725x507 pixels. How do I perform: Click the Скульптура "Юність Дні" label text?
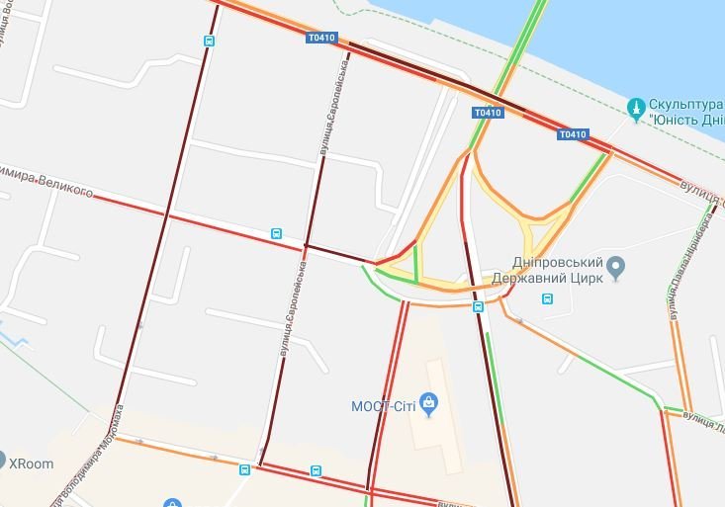[687, 112]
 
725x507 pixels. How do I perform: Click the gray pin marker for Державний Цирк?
[616, 265]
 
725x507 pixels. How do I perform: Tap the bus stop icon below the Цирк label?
[547, 298]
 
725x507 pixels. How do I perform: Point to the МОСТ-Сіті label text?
[383, 406]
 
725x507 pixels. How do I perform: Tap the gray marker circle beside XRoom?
[2, 460]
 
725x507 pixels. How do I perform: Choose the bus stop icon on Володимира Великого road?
[276, 234]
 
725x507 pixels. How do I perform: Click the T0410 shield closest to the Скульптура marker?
[573, 134]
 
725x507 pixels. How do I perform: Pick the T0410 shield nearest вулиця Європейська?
[321, 39]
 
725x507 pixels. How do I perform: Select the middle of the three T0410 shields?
[488, 113]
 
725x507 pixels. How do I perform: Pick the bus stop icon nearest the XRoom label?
[244, 469]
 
